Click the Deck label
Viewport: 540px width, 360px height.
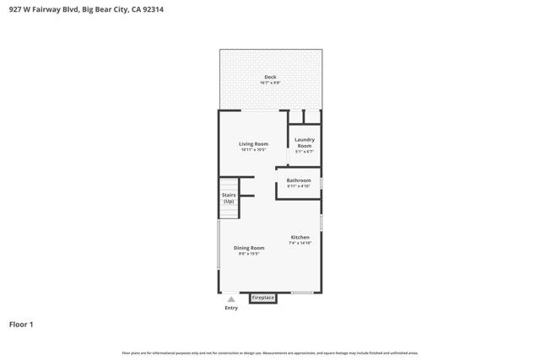[x=270, y=77]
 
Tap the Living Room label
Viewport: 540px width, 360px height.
[x=253, y=144]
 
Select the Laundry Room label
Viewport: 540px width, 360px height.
[x=305, y=142]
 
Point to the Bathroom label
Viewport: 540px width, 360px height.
[x=299, y=180]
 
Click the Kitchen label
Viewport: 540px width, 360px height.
[x=300, y=237]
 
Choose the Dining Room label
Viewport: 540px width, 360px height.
[x=249, y=248]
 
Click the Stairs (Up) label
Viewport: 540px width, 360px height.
[x=229, y=198]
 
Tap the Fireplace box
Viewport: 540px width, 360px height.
[x=263, y=298]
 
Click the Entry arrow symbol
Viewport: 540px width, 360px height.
[x=230, y=299]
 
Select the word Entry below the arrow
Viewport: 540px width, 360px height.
[x=231, y=308]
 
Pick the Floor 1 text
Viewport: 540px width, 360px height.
[x=21, y=324]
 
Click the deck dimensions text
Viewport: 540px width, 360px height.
[x=270, y=83]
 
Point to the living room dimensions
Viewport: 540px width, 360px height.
[x=253, y=150]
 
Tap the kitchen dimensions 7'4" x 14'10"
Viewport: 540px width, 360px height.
[x=300, y=243]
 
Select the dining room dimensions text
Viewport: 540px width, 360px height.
[x=249, y=253]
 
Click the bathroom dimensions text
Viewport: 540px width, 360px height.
[x=299, y=186]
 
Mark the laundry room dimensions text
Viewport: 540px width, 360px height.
[x=305, y=152]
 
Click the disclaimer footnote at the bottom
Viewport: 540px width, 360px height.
[x=270, y=352]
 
